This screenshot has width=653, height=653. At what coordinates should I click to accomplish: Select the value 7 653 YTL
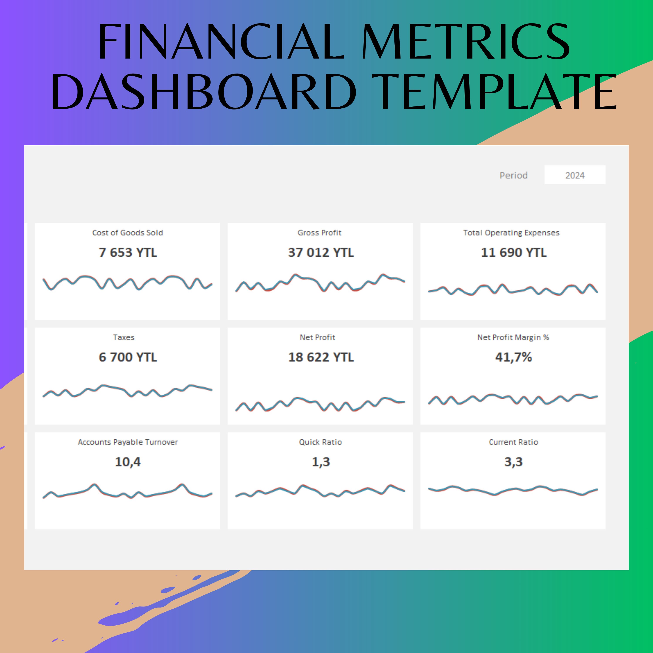coord(128,252)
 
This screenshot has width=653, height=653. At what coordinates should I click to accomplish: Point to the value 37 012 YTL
coord(321,252)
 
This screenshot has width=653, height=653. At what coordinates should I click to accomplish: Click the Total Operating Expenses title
coord(511,232)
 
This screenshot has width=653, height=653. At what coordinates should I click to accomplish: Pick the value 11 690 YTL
coord(513,252)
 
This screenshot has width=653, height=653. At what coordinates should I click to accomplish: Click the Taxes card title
coord(124,337)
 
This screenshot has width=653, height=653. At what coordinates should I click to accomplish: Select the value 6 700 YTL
coord(128,357)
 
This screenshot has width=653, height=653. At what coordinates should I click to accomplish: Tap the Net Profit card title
coord(317,337)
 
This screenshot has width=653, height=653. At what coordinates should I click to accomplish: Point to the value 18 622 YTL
coord(321,357)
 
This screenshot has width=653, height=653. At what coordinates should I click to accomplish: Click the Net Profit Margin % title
coord(513,337)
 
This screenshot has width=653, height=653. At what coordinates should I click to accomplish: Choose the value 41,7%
coord(513,357)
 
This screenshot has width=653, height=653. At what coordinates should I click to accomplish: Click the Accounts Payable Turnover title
coord(128,442)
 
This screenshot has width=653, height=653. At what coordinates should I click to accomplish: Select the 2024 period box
coord(575,175)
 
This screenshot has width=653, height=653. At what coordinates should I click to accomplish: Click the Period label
coord(513,175)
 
